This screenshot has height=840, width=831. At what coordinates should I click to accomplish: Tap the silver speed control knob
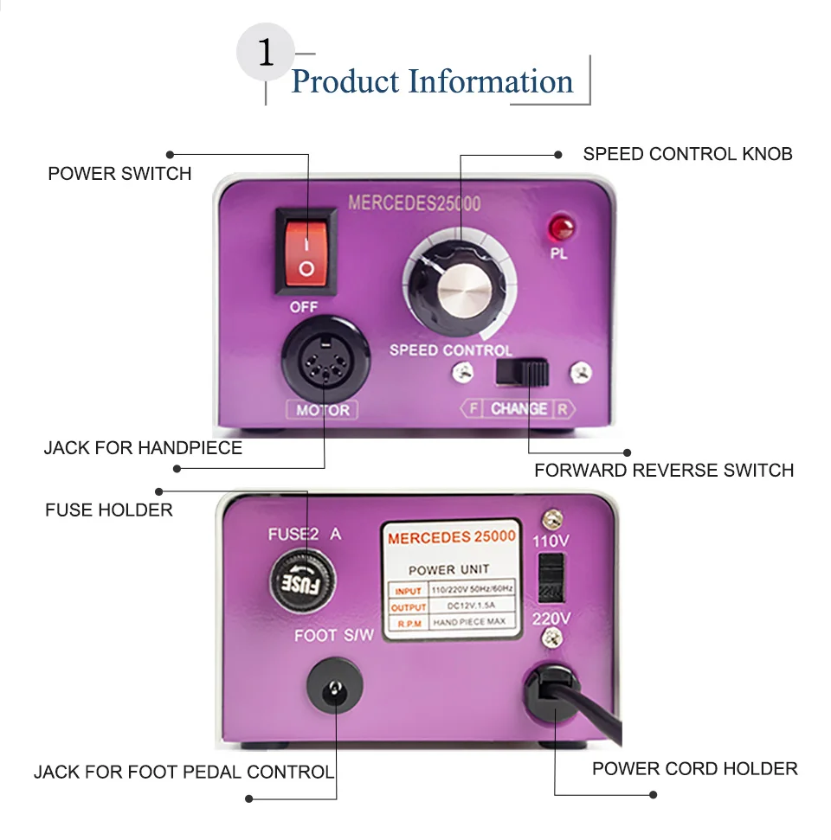tap(460, 285)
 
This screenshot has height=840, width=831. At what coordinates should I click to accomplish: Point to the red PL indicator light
tap(560, 228)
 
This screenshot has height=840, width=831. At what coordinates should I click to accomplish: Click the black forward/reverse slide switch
tap(523, 373)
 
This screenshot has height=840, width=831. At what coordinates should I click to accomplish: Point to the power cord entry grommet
tap(553, 693)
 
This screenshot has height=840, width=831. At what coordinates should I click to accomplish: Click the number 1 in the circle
tap(266, 54)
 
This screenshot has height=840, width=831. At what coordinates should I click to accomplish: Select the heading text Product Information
tap(432, 82)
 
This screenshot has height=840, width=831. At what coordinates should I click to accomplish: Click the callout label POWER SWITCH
tap(119, 174)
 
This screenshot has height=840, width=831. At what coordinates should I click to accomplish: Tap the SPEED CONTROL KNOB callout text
tap(687, 155)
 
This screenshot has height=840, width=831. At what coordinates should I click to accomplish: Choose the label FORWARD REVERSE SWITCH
tap(663, 471)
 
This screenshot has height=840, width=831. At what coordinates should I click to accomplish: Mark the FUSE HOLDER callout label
tap(109, 510)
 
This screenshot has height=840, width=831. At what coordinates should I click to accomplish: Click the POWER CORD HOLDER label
tap(694, 768)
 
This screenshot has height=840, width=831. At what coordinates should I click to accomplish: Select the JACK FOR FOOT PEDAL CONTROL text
tap(184, 772)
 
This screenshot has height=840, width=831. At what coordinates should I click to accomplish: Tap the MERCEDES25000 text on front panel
tap(414, 204)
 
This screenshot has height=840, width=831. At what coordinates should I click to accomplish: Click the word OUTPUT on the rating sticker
tap(408, 607)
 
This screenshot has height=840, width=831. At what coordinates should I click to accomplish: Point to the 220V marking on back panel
tap(551, 619)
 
